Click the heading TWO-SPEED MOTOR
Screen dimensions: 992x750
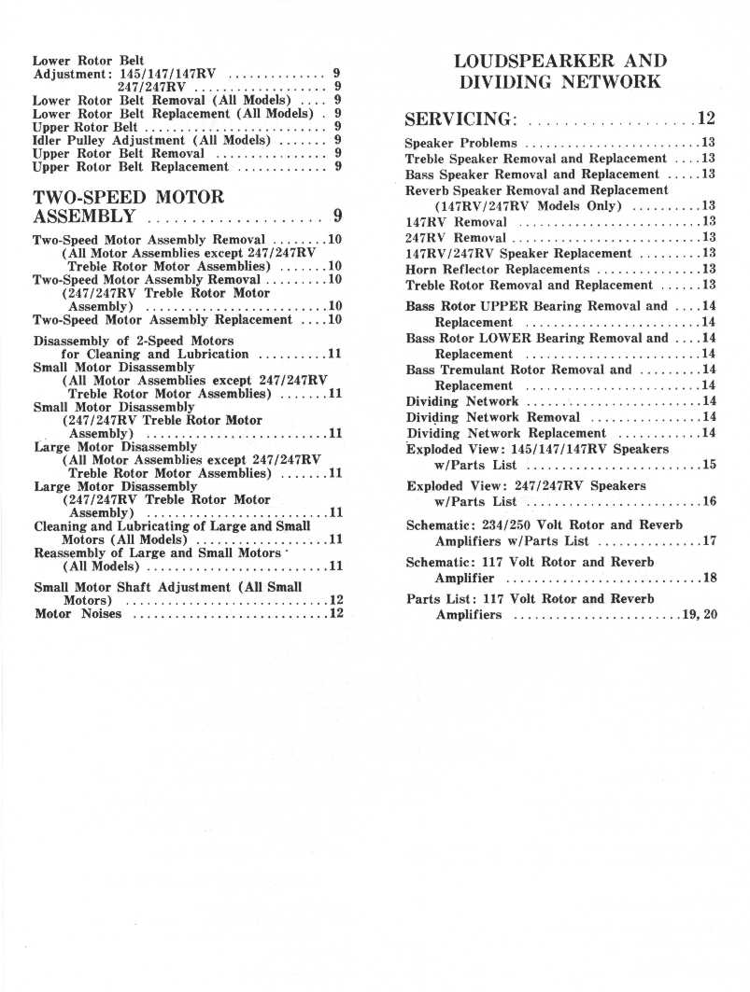click(x=129, y=197)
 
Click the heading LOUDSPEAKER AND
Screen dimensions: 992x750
click(x=560, y=62)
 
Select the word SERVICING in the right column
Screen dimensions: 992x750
click(x=460, y=119)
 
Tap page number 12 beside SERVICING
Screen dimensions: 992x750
click(x=705, y=119)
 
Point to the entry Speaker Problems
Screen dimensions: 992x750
click(x=460, y=143)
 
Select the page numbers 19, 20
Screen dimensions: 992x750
click(x=700, y=615)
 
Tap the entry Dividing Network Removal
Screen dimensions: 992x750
click(x=493, y=417)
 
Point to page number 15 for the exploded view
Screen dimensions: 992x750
click(x=709, y=464)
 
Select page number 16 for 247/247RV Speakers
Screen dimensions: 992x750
click(x=709, y=501)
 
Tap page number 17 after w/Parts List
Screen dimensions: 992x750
click(x=709, y=540)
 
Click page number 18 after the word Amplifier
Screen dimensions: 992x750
click(x=709, y=578)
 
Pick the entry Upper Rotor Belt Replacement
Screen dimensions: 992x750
click(x=130, y=166)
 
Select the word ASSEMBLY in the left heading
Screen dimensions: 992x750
click(x=85, y=217)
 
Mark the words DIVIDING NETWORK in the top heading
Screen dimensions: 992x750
click(x=560, y=82)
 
